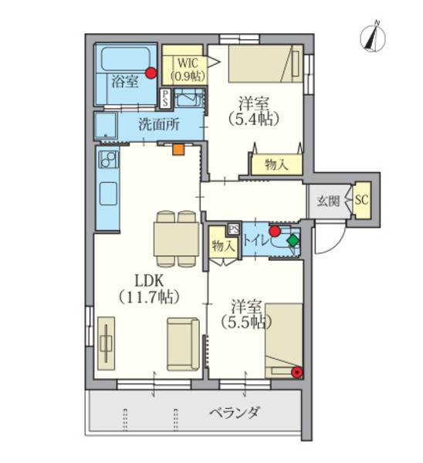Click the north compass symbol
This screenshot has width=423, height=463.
(x=373, y=39)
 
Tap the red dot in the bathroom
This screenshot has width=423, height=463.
(x=151, y=73)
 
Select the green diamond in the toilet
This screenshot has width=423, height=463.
(x=293, y=240)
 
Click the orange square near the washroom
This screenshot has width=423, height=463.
(x=178, y=149)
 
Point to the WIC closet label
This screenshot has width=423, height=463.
(x=188, y=69)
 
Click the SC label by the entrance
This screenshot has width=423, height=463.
(x=361, y=200)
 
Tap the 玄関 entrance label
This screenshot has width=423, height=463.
(x=328, y=201)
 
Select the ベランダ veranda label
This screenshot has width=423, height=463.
(x=235, y=412)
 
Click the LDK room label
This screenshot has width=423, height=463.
(x=149, y=289)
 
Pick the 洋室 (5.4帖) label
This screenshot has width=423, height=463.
(x=254, y=111)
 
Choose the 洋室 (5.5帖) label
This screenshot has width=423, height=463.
(x=246, y=315)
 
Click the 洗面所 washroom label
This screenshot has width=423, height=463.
(x=159, y=125)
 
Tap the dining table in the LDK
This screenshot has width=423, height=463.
(x=176, y=239)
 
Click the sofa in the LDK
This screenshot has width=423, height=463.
(x=183, y=344)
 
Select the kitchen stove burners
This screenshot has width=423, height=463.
(x=108, y=159)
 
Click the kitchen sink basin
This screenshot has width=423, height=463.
(x=108, y=194)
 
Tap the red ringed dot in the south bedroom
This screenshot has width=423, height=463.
(x=296, y=373)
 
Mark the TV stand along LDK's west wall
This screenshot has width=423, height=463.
(x=106, y=343)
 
